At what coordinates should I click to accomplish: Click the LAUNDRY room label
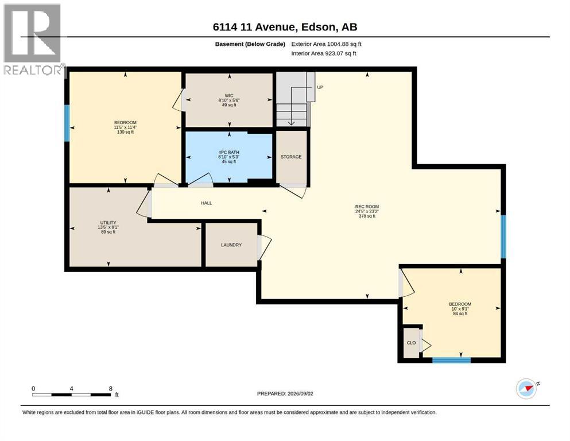(x=231, y=245)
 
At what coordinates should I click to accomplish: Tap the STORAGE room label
(x=291, y=157)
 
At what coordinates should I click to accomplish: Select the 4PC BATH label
(x=228, y=152)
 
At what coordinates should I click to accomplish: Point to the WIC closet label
(x=228, y=96)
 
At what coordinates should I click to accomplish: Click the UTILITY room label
(x=108, y=222)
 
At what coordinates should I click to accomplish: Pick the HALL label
(x=207, y=203)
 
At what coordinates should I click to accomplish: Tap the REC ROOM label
(x=367, y=207)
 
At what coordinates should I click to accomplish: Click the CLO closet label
(x=411, y=343)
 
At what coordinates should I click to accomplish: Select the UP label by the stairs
(x=320, y=87)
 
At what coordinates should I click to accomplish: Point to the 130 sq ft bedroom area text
(x=125, y=132)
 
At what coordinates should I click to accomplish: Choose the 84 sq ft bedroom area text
(x=460, y=314)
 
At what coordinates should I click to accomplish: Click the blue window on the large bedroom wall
(x=67, y=123)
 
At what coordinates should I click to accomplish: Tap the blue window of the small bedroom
(x=452, y=360)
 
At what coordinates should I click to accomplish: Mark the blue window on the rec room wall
(x=503, y=237)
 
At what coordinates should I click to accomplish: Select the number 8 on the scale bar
(x=111, y=389)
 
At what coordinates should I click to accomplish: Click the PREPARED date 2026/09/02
(x=300, y=393)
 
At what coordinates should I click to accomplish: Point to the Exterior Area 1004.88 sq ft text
(x=326, y=44)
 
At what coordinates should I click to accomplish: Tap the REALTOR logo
(x=33, y=39)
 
